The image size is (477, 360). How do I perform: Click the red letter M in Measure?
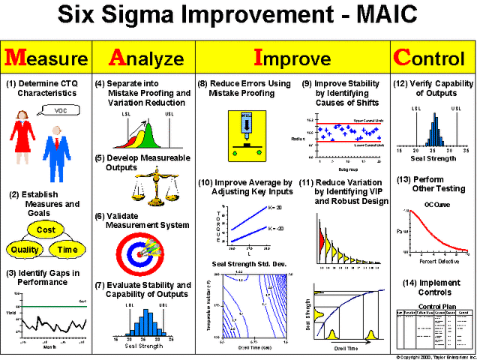17,57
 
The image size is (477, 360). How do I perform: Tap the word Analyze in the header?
145,58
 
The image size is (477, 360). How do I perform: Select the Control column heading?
433,58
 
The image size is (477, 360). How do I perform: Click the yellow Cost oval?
46,230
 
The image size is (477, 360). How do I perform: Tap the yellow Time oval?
67,250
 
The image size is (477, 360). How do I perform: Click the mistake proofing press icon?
247,133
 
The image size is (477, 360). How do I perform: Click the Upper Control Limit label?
366,120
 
